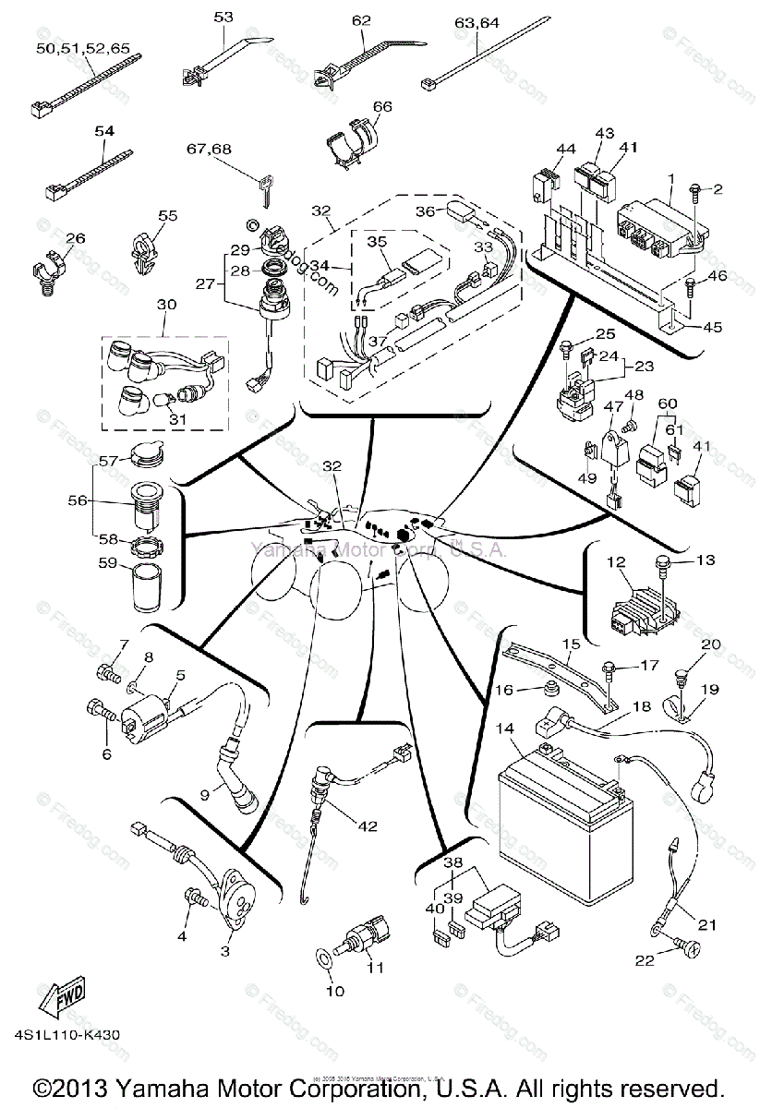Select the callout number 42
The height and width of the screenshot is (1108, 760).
click(368, 827)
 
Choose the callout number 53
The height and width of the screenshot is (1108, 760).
click(224, 18)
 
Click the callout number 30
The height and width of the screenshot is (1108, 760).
click(166, 306)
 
